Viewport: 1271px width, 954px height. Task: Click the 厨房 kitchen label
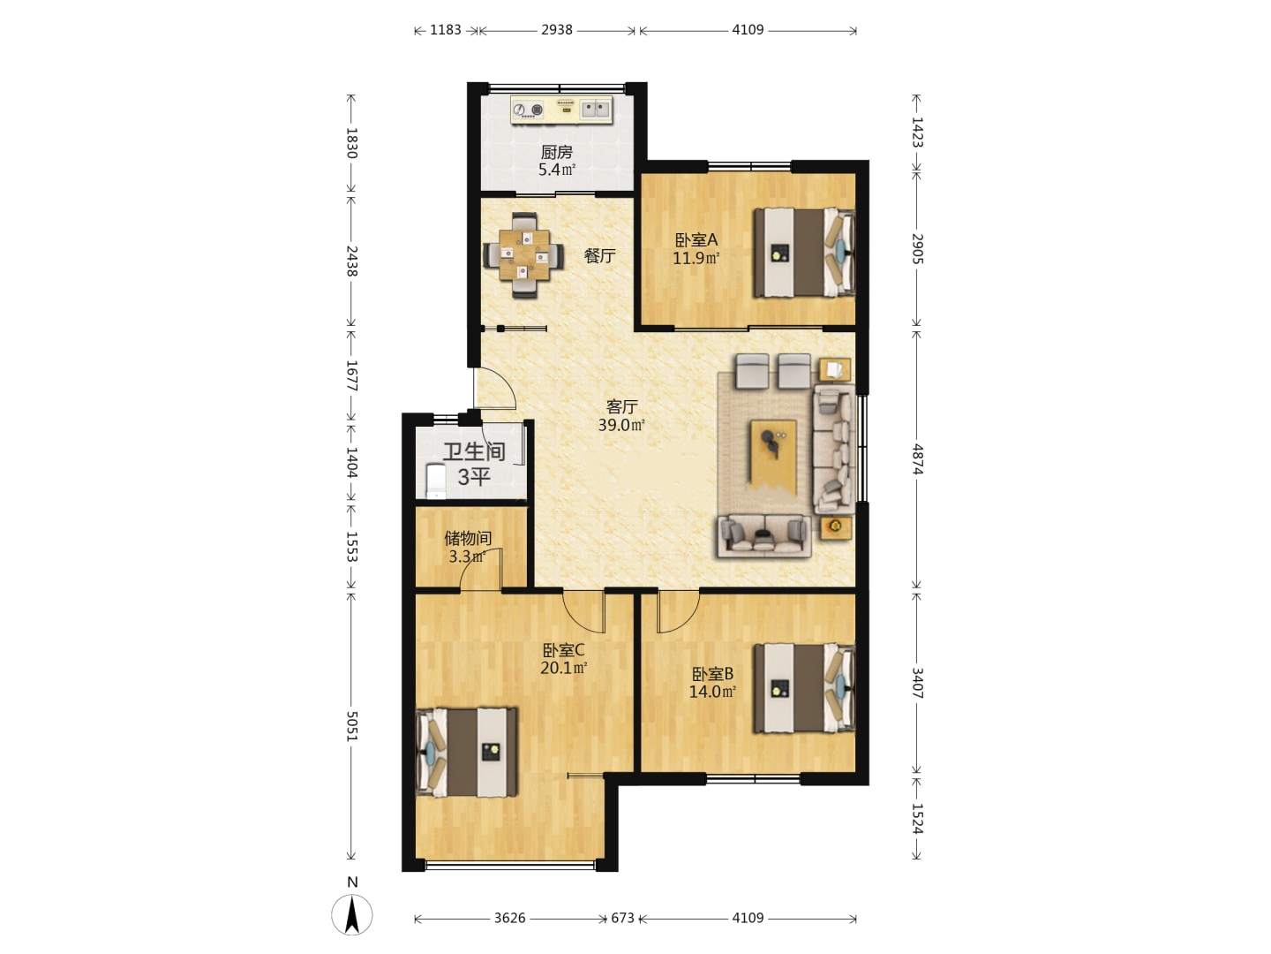pyautogui.click(x=556, y=152)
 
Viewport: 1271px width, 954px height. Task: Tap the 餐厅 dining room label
pyautogui.click(x=599, y=255)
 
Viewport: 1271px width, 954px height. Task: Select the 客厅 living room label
pyautogui.click(x=622, y=406)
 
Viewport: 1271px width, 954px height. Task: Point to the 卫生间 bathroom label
pyautogui.click(x=474, y=451)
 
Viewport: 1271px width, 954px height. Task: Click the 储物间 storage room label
pyautogui.click(x=468, y=539)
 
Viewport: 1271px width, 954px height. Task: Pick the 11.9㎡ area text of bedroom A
pyautogui.click(x=696, y=258)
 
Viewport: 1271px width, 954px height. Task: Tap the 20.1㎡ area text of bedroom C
pyautogui.click(x=563, y=668)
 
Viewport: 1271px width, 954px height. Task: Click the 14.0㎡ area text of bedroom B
pyautogui.click(x=712, y=692)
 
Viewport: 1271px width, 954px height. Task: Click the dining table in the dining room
pyautogui.click(x=524, y=255)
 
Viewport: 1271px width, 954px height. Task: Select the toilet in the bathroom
pyautogui.click(x=435, y=481)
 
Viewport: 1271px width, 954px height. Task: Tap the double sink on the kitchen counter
pyautogui.click(x=596, y=109)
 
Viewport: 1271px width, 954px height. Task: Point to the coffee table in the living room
pyautogui.click(x=773, y=451)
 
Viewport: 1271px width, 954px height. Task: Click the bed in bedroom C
pyautogui.click(x=467, y=752)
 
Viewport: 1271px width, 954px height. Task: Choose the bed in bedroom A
pyautogui.click(x=804, y=253)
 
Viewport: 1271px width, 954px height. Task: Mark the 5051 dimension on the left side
pyautogui.click(x=352, y=726)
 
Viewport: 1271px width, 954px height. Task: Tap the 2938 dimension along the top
pyautogui.click(x=556, y=29)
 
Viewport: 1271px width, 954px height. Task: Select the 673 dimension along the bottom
pyautogui.click(x=622, y=918)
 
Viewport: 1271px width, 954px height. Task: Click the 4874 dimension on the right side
pyautogui.click(x=917, y=459)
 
